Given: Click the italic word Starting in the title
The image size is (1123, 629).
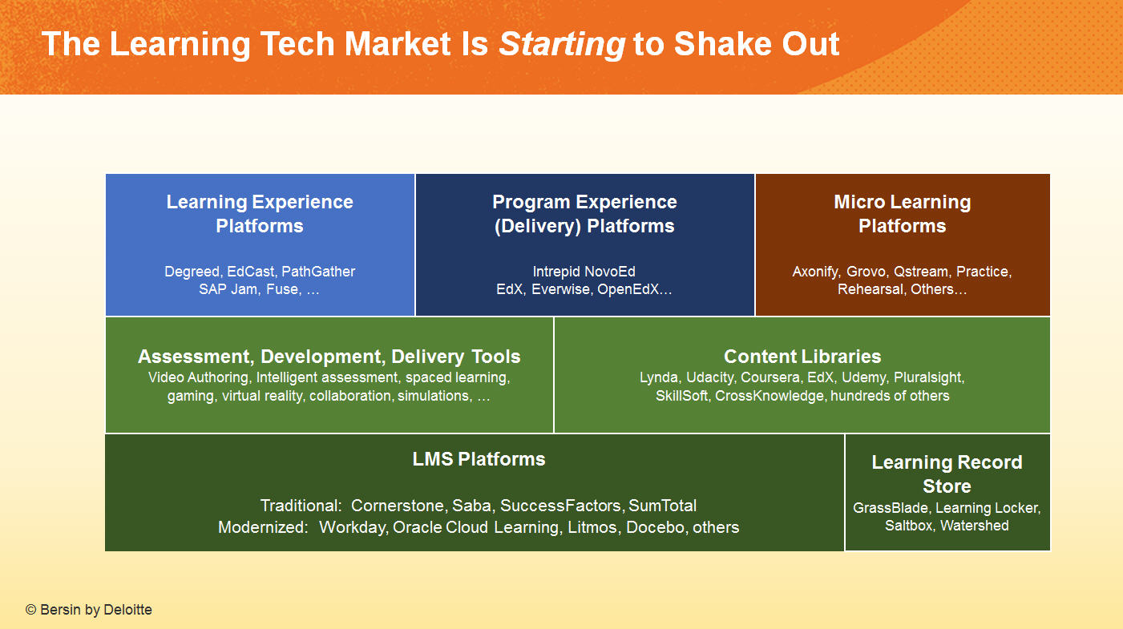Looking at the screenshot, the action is coord(562,45).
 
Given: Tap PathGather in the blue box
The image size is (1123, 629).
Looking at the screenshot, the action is coord(318,272).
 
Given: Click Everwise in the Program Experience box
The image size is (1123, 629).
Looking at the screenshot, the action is coord(560,289).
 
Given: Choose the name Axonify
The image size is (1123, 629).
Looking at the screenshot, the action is coord(815,272).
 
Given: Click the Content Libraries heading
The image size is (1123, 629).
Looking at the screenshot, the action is coord(802,357).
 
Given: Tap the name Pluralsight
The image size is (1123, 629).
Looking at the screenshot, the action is coord(929,377).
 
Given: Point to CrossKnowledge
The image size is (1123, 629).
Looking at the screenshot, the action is coord(770,396).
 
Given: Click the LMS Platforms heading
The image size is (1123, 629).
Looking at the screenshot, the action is coord(479,459).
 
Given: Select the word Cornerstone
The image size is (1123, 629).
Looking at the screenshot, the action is coord(398,506).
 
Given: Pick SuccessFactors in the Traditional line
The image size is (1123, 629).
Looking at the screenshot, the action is coord(561,506).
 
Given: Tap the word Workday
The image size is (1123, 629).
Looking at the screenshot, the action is coord(353,528).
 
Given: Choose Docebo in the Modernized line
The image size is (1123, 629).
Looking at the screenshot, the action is coord(656,528).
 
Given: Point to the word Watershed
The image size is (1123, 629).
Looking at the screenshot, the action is coord(974,526).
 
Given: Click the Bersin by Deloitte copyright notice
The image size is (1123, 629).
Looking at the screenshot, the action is coord(89,610).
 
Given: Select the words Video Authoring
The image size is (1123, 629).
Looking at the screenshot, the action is coord(199,377).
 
